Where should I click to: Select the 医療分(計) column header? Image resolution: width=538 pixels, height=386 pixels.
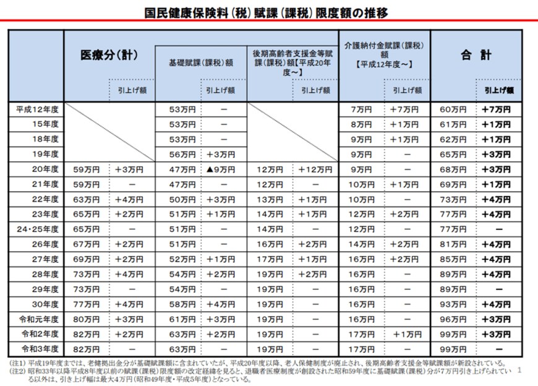pyautogui.click(x=109, y=55)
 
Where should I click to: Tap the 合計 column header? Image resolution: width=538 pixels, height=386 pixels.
pyautogui.click(x=476, y=55)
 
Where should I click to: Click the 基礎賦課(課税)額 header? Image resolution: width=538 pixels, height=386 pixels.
pyautogui.click(x=200, y=62)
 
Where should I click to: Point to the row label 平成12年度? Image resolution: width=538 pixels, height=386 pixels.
pyautogui.click(x=38, y=109)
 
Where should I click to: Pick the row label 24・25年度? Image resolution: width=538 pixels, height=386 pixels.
pyautogui.click(x=38, y=229)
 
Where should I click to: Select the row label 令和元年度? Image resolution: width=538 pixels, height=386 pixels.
pyautogui.click(x=38, y=319)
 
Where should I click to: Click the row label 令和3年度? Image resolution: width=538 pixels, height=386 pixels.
pyautogui.click(x=38, y=349)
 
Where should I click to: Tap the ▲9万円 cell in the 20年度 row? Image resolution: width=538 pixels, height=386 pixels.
pyautogui.click(x=224, y=169)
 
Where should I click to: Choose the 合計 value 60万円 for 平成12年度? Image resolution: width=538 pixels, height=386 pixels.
pyautogui.click(x=453, y=109)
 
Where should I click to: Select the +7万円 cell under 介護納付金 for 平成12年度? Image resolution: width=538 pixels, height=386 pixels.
pyautogui.click(x=407, y=109)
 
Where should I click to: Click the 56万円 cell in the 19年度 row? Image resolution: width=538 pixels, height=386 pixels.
pyautogui.click(x=178, y=154)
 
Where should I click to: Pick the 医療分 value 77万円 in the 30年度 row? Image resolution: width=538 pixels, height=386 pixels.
pyautogui.click(x=87, y=304)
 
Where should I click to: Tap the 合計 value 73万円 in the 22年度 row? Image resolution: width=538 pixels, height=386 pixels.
pyautogui.click(x=453, y=199)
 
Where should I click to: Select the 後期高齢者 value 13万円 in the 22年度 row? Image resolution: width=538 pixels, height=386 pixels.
pyautogui.click(x=270, y=199)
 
